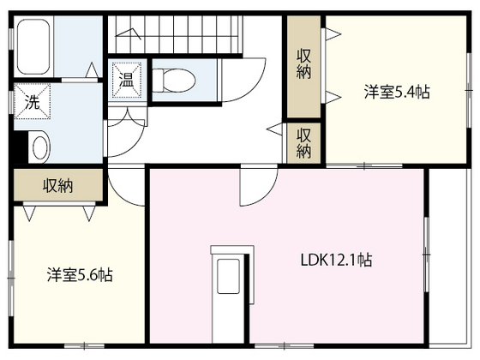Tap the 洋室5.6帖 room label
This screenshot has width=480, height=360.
(80, 276)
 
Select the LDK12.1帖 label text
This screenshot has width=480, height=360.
(335, 260)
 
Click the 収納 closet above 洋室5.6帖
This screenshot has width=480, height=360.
(57, 186)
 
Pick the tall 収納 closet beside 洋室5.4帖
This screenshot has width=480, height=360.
(303, 65)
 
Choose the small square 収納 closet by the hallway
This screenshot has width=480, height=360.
(303, 141)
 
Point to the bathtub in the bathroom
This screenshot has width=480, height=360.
(37, 46)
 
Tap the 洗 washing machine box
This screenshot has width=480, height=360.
(30, 100)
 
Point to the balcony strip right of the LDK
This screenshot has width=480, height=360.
(453, 257)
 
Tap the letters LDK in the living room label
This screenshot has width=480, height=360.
(311, 260)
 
